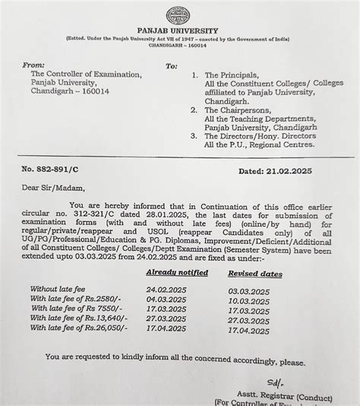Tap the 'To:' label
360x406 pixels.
click(171, 65)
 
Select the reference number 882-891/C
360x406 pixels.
click(60, 172)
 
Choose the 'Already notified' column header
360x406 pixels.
click(176, 271)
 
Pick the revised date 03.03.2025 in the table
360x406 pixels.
click(250, 291)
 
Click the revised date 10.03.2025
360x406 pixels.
click(250, 301)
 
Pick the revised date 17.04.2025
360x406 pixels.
click(250, 331)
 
